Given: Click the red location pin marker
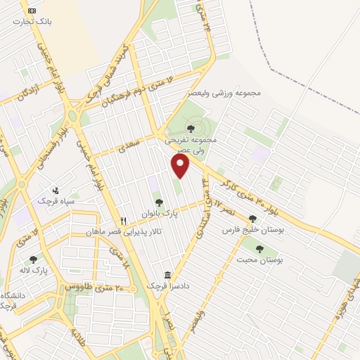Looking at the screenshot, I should point(181,166).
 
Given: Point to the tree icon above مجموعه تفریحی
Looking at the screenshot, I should point(191,129).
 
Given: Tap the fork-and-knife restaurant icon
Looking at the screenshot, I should point(123,221).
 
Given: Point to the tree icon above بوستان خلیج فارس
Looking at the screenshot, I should point(252,219).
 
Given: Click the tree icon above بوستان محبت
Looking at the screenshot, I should point(259,248).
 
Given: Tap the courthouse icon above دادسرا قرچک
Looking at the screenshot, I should point(167,275).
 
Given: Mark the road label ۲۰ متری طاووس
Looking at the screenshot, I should point(95,287).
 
